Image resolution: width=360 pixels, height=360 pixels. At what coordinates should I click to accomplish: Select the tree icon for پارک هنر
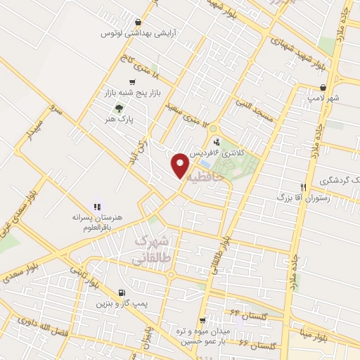(x=118, y=108)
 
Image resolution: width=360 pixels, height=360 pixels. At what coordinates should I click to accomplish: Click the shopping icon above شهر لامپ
(x=323, y=88)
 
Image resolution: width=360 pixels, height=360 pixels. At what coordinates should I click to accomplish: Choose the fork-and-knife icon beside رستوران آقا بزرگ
(x=304, y=187)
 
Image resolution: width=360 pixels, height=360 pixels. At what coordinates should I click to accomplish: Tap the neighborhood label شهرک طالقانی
(x=150, y=249)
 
